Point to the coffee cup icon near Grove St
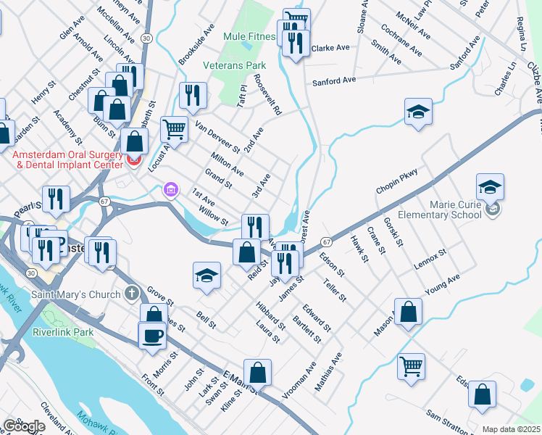click(152, 336)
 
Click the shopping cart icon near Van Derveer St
click(175, 130)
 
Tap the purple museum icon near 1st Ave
click(170, 190)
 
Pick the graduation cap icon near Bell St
click(207, 275)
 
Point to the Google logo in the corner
click(24, 426)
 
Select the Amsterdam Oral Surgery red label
click(66, 159)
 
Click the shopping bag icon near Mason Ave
click(409, 312)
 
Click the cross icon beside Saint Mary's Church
click(130, 294)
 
